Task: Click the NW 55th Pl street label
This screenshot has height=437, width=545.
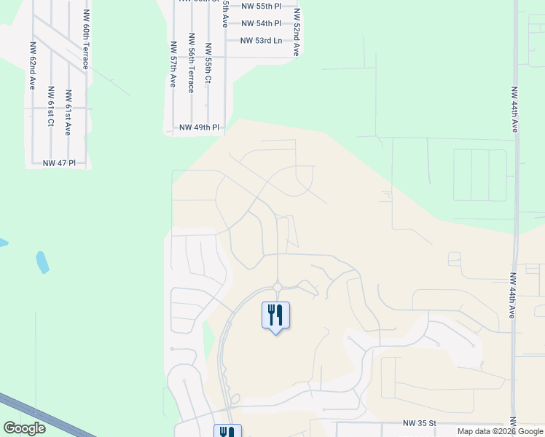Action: tap(262, 5)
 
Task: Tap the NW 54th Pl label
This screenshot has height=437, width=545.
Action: tap(262, 23)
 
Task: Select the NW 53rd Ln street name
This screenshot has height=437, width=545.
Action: tap(261, 40)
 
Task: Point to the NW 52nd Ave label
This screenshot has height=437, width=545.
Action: tap(297, 33)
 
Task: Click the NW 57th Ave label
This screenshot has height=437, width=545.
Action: tap(173, 64)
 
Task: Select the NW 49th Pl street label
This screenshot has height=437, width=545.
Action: tap(199, 127)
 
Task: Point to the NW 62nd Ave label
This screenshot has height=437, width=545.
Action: tap(34, 60)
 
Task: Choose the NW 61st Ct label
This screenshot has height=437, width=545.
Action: tap(51, 106)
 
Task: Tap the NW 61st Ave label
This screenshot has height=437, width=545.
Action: tap(68, 112)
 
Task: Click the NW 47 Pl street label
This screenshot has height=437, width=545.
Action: tap(59, 162)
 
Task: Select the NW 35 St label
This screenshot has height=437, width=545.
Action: tap(420, 422)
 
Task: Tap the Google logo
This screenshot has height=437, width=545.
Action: tap(24, 428)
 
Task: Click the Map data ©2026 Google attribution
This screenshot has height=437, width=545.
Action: tap(499, 431)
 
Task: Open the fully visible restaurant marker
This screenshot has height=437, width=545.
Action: tap(275, 316)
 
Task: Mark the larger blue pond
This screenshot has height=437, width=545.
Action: tap(42, 261)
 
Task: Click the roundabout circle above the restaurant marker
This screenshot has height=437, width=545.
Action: tap(278, 287)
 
